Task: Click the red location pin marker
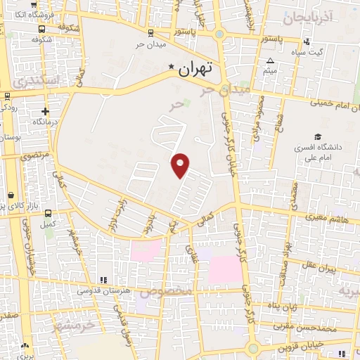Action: [x=181, y=165]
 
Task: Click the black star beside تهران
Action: [x=171, y=67]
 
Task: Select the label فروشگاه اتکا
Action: [x=20, y=14]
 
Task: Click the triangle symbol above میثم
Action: [x=270, y=60]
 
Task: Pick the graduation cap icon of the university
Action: [x=318, y=136]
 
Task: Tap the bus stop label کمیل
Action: [x=48, y=224]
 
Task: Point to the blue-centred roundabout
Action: [x=219, y=33]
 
